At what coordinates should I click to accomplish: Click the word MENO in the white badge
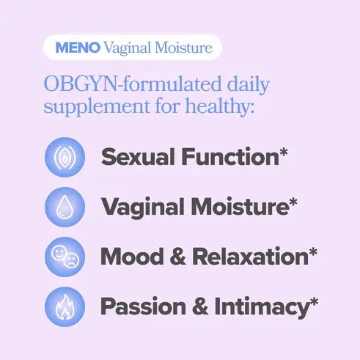click(78, 48)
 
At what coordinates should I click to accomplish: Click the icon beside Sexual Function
click(65, 157)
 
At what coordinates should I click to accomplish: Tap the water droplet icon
click(65, 207)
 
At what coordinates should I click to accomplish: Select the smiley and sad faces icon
click(65, 257)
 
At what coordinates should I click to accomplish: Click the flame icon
click(65, 306)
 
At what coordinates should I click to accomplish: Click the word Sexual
click(139, 157)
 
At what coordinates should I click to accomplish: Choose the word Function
click(230, 157)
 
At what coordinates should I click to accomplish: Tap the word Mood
click(132, 257)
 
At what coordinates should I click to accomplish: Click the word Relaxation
click(251, 257)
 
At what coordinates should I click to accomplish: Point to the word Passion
click(143, 306)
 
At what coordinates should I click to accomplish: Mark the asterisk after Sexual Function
click(284, 153)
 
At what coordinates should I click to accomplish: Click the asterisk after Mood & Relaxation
click(313, 252)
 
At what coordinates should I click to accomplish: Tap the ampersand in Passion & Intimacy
click(200, 306)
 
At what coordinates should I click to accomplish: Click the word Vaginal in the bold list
click(143, 207)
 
